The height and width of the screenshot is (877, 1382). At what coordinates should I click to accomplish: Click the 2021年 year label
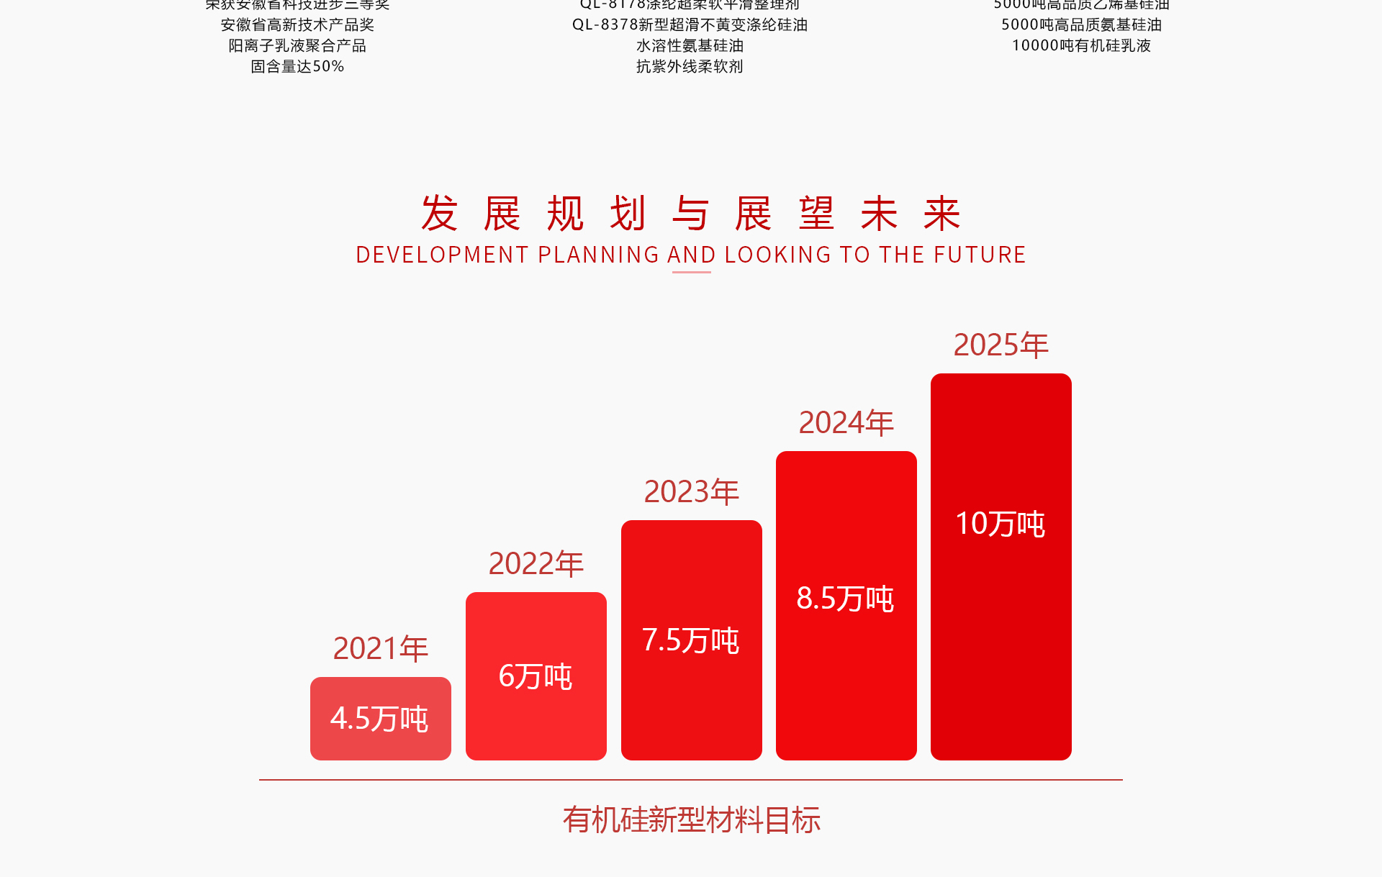click(x=380, y=648)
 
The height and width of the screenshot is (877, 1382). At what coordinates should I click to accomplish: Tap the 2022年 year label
click(x=536, y=563)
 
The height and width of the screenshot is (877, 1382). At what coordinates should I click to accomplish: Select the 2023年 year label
click(x=691, y=491)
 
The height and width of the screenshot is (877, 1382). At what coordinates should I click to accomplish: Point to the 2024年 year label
click(x=846, y=422)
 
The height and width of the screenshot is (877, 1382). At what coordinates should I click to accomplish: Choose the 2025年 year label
click(x=1001, y=345)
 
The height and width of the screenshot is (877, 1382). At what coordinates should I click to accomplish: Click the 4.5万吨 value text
click(x=379, y=719)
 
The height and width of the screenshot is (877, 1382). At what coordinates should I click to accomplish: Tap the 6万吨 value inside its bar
click(x=536, y=676)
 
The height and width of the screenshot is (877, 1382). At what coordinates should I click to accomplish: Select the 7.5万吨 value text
click(x=690, y=640)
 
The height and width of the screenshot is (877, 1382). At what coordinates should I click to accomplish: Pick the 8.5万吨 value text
click(x=845, y=599)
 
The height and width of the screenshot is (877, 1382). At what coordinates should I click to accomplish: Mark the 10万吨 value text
click(x=1000, y=524)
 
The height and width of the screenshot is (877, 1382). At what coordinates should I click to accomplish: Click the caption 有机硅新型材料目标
click(x=691, y=819)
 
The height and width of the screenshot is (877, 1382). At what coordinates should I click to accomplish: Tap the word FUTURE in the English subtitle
click(x=979, y=255)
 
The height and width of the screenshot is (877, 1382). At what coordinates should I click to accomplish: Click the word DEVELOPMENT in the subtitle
click(x=442, y=255)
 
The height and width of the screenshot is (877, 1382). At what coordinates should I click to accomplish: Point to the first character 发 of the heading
click(x=439, y=214)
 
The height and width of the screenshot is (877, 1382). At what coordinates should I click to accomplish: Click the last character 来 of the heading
click(x=942, y=214)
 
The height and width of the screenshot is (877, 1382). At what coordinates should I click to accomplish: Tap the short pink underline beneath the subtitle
click(x=691, y=272)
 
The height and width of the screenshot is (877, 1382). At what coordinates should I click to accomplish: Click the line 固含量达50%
click(x=297, y=66)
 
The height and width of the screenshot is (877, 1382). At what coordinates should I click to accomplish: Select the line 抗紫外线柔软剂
click(x=690, y=66)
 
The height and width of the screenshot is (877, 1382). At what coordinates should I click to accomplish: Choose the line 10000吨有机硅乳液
click(x=1081, y=45)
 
